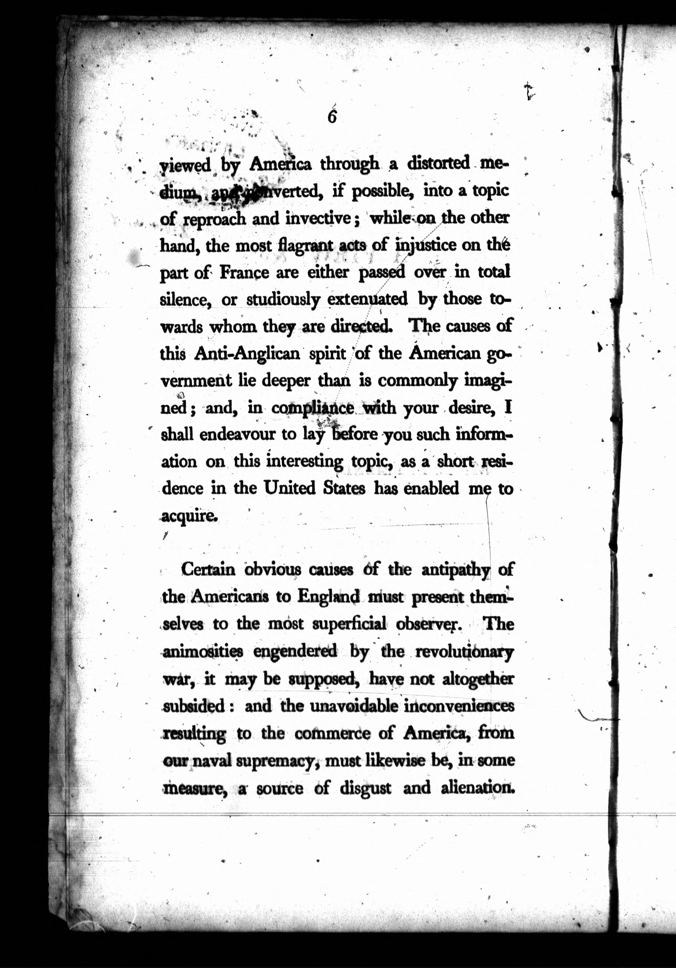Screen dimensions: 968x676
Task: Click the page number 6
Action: [x=332, y=116]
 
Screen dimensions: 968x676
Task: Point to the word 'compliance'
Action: [x=313, y=408]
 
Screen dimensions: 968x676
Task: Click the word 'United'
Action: [x=290, y=488]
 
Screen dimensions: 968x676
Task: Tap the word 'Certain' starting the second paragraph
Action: [x=208, y=570]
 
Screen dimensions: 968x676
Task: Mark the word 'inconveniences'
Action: [x=459, y=706]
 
